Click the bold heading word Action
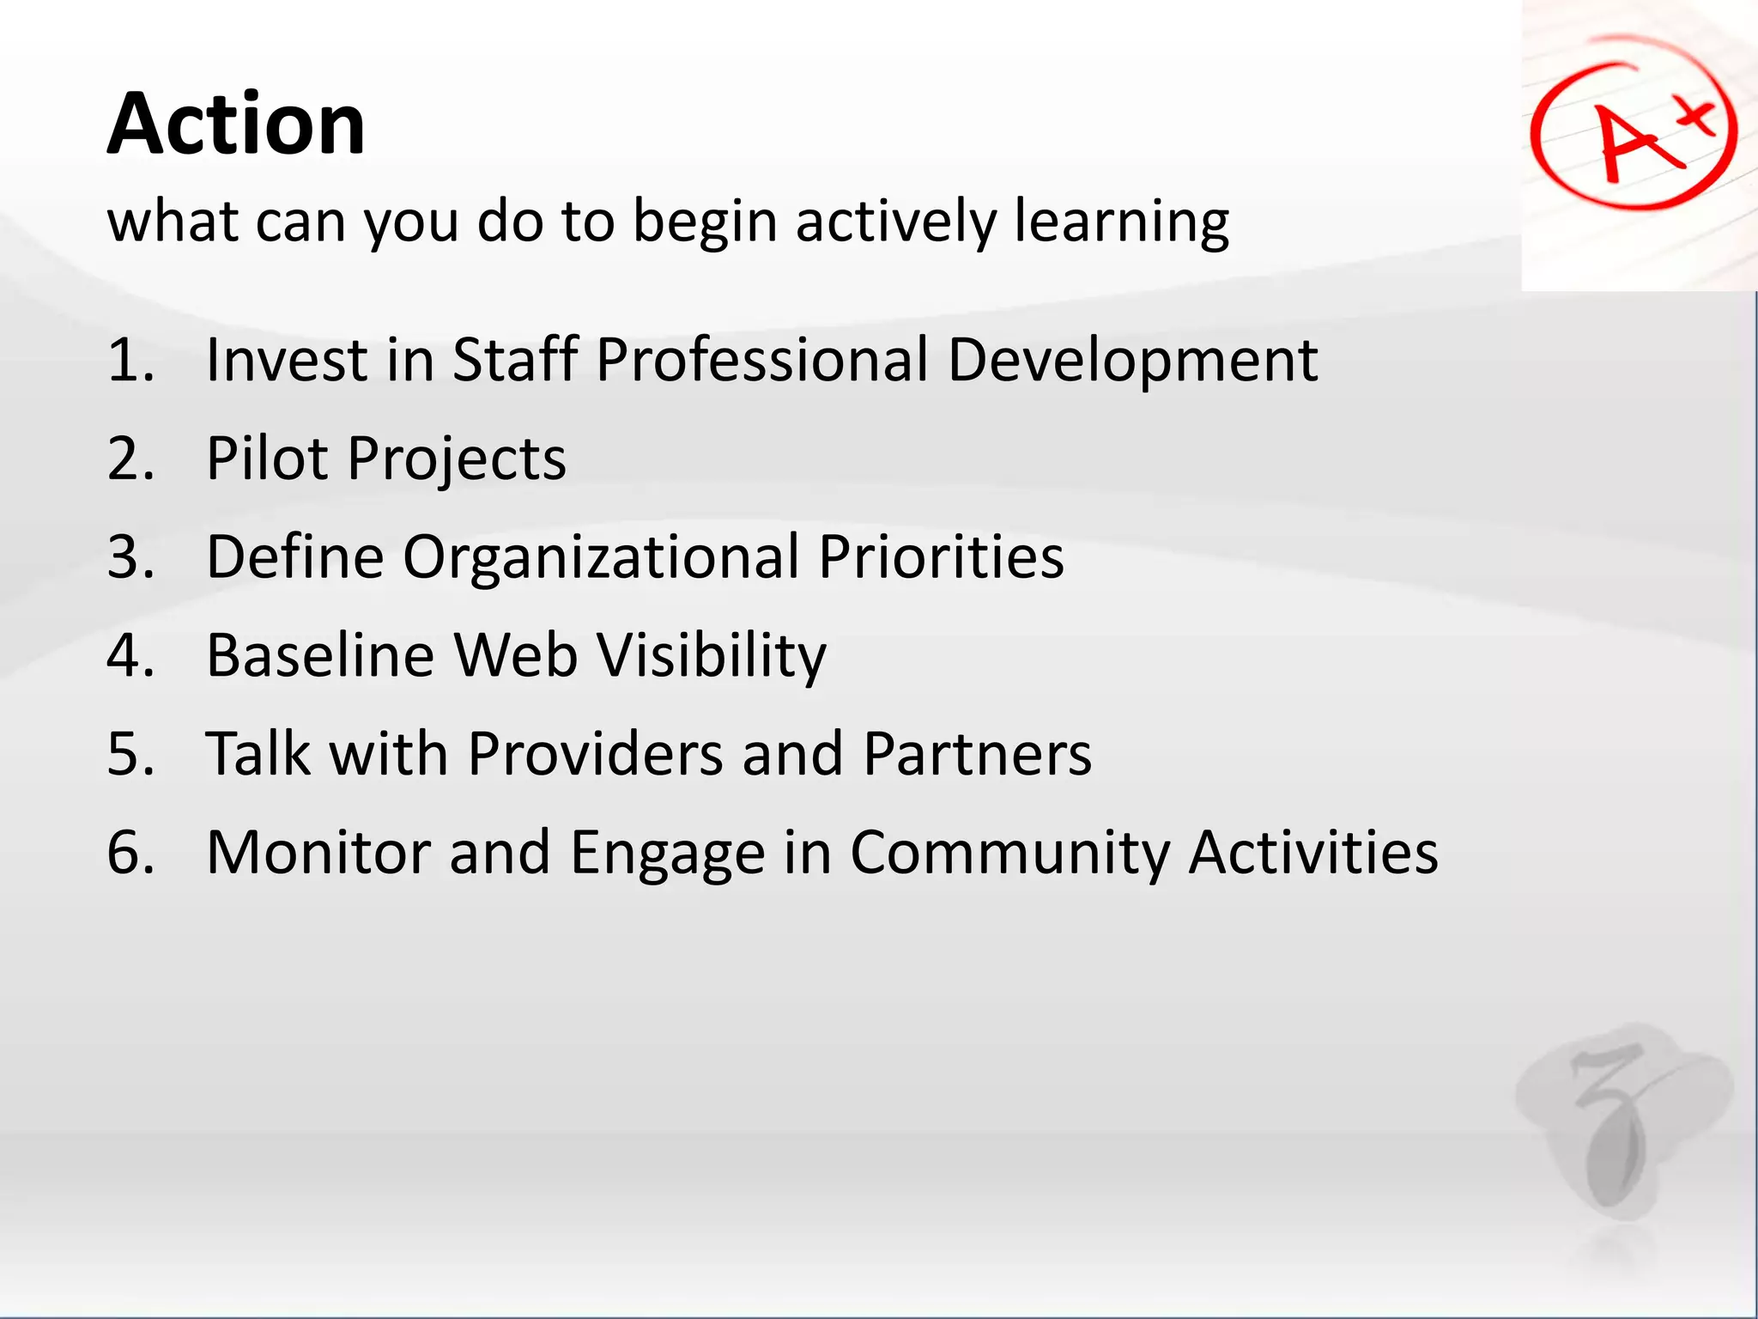[236, 125]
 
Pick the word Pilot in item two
[267, 458]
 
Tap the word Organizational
[601, 557]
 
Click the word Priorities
[941, 557]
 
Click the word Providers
[595, 754]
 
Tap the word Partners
[977, 754]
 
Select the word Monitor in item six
[318, 853]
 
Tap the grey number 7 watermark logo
[1614, 1125]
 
